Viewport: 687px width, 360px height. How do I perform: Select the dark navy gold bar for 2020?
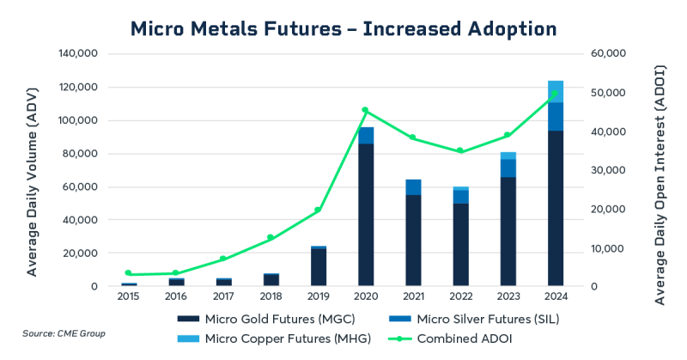(366, 215)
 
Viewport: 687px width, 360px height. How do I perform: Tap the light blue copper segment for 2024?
(556, 91)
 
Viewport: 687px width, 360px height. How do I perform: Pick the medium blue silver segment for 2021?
(414, 187)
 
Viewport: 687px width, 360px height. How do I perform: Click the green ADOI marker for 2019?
(318, 210)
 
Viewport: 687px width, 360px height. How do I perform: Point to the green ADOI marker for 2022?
(460, 150)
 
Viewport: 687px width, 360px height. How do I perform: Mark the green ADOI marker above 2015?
(129, 273)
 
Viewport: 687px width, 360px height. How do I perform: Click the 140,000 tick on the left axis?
(80, 54)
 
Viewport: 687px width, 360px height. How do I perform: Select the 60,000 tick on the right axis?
(611, 54)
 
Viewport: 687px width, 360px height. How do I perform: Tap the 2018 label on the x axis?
(271, 297)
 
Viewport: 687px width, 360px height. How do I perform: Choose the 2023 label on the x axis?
(508, 297)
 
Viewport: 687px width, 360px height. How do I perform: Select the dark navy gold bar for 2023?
(508, 232)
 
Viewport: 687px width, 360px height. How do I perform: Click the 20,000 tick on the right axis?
(611, 210)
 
